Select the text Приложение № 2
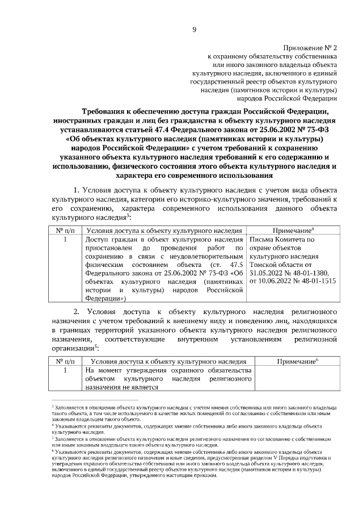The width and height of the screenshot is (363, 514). pos(310,48)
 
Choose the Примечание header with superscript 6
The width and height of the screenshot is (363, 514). pos(297,361)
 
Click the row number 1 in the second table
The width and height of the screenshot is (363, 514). pos(66,370)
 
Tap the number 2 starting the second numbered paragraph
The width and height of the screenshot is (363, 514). pos(78,311)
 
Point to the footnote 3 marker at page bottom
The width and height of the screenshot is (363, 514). pos(52,407)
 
